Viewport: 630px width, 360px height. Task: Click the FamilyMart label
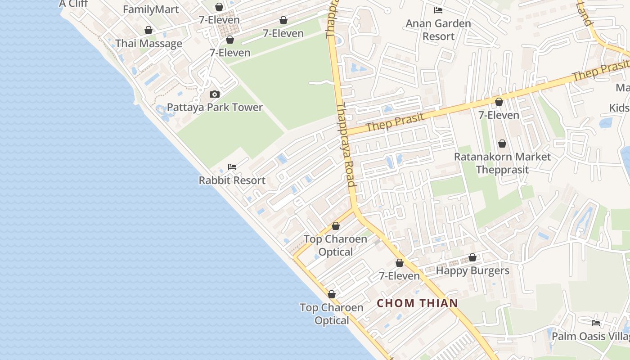coord(150,9)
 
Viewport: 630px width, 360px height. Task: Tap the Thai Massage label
coord(148,44)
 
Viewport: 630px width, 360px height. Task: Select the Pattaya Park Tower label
coord(215,108)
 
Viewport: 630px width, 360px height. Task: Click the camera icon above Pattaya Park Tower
coord(215,94)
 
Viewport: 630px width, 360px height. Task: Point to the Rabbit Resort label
coord(232,180)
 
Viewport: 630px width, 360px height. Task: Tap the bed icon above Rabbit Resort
coord(232,166)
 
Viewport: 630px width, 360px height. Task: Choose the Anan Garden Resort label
coord(438,30)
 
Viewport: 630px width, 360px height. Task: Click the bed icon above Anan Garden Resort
coord(438,10)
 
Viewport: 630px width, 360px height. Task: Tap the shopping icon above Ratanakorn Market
coord(502,144)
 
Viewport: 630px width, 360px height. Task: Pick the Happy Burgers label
coord(472,271)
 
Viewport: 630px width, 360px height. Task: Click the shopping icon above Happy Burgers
coord(472,257)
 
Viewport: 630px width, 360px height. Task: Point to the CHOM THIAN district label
coord(417,303)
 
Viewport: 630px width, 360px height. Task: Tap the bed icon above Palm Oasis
coord(596,323)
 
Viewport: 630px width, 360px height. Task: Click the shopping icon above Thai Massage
coord(148,30)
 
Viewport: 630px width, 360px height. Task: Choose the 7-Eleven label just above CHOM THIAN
coord(399,276)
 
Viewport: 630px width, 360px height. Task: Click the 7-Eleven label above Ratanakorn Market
coord(499,115)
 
